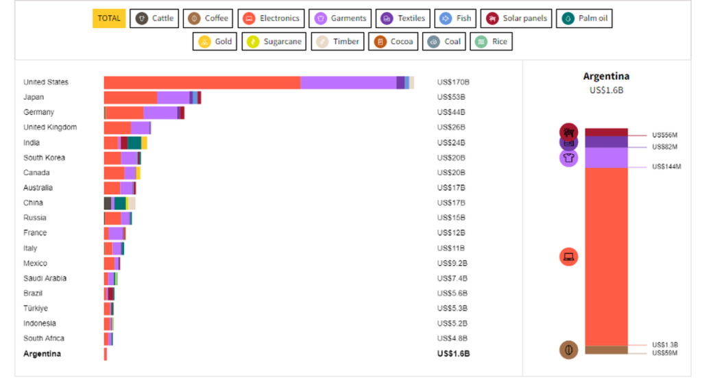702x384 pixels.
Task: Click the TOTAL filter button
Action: click(109, 18)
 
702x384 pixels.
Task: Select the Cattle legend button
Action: click(154, 18)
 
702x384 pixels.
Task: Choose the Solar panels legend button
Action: click(517, 18)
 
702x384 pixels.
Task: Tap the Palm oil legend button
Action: click(584, 18)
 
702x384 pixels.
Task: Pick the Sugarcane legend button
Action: click(274, 42)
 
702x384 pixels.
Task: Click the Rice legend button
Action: click(491, 42)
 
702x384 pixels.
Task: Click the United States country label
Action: click(46, 82)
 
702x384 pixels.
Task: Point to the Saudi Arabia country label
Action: click(45, 279)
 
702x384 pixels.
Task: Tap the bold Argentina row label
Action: click(42, 354)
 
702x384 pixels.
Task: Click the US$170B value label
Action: click(453, 82)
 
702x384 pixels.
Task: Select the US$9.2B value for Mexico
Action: click(452, 264)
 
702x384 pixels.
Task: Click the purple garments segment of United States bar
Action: click(348, 82)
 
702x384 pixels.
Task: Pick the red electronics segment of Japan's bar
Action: click(130, 97)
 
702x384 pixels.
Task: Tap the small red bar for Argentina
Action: click(106, 354)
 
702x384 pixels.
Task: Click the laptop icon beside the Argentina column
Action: click(568, 257)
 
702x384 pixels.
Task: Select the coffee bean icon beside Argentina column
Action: click(568, 350)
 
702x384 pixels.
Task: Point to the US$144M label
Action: click(666, 167)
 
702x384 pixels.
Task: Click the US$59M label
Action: click(665, 353)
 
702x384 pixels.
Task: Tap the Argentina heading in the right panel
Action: click(606, 76)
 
